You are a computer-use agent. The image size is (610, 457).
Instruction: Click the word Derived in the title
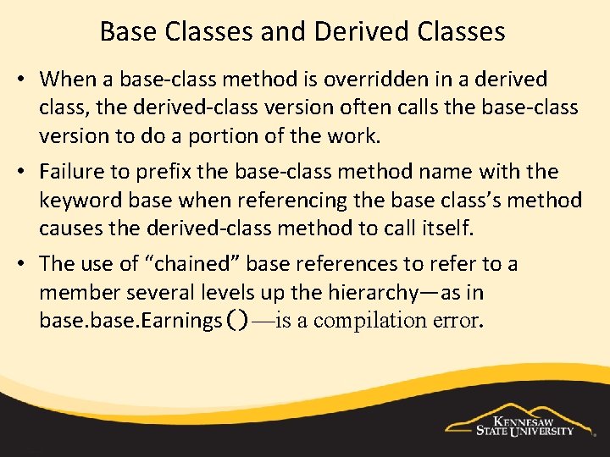(x=358, y=31)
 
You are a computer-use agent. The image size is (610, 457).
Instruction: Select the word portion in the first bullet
(x=223, y=136)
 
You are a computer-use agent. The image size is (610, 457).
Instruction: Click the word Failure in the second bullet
(x=72, y=171)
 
